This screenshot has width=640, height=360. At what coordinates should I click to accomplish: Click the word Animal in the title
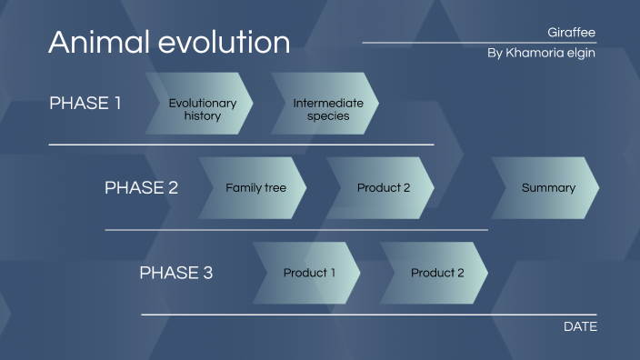pyautogui.click(x=96, y=42)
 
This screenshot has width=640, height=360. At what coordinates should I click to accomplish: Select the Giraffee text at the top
pyautogui.click(x=572, y=33)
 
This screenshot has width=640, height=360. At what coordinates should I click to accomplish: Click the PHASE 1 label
pyautogui.click(x=85, y=103)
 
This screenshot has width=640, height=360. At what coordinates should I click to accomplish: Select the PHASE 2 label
pyautogui.click(x=141, y=188)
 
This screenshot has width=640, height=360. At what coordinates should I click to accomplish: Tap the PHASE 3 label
pyautogui.click(x=175, y=273)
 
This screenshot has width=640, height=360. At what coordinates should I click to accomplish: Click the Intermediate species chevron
pyautogui.click(x=326, y=109)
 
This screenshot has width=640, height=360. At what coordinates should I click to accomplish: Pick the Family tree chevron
pyautogui.click(x=255, y=188)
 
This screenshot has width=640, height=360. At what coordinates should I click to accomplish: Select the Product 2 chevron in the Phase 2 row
pyautogui.click(x=382, y=188)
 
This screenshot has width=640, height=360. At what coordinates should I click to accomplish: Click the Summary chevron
pyautogui.click(x=547, y=188)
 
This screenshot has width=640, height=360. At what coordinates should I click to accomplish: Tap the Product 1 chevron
pyautogui.click(x=308, y=273)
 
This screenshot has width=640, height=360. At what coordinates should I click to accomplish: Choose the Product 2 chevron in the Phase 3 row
pyautogui.click(x=436, y=273)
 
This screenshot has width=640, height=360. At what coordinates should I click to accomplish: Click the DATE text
pyautogui.click(x=580, y=326)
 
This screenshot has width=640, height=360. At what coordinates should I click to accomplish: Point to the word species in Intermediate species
pyautogui.click(x=328, y=116)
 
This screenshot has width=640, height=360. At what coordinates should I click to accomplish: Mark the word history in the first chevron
pyautogui.click(x=202, y=116)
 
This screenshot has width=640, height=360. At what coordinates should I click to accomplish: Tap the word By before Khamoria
pyautogui.click(x=495, y=54)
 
